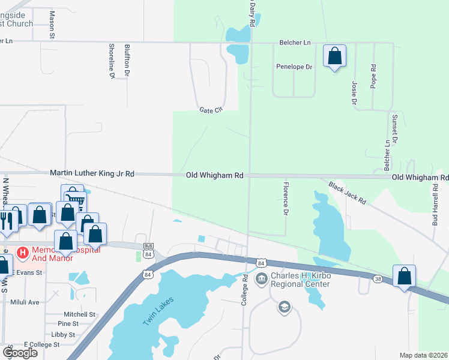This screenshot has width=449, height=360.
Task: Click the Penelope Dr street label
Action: coord(294,67)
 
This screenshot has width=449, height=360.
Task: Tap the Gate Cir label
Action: coord(211,110)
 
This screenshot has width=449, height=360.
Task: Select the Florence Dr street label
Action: coord(286,199)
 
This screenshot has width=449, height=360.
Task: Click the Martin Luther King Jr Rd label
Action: coord(92,173)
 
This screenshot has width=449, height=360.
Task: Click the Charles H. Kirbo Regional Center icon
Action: coord(262,278)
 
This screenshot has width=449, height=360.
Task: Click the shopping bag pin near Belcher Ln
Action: coord(334,56)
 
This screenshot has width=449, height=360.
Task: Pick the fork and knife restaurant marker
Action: coord(7,217)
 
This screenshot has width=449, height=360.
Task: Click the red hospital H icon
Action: coord(23,253)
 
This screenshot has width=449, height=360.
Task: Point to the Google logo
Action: coord(20,352)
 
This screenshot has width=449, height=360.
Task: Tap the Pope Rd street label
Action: coord(373,74)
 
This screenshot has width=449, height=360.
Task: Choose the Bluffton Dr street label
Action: coord(127,60)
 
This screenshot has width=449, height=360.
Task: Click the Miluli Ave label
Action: coord(25,302)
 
